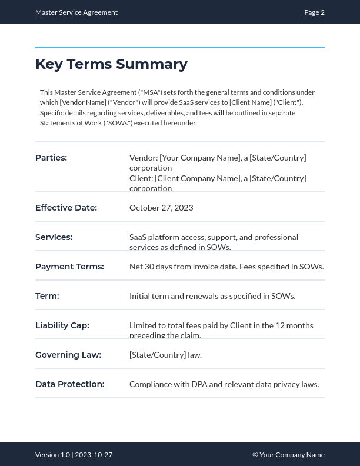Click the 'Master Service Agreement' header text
coord(76,12)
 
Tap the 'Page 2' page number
coord(314,12)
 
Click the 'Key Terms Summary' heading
coord(111,64)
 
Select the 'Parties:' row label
coord(51,158)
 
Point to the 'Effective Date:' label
coord(66,208)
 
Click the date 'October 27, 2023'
coord(161,208)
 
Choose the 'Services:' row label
coord(54,237)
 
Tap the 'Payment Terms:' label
coord(69,267)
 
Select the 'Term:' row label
coord(47,296)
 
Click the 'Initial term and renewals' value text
coord(212,296)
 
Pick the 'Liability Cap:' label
coord(62,325)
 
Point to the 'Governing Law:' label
coord(68,355)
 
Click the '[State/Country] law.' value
coord(165,355)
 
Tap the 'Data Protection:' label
coord(69,384)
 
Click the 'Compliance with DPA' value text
coord(224,384)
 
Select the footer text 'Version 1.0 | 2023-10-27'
coord(74,455)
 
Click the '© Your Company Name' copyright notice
coord(288,455)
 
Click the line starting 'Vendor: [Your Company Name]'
coord(218,158)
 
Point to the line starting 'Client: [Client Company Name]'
coord(218,178)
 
